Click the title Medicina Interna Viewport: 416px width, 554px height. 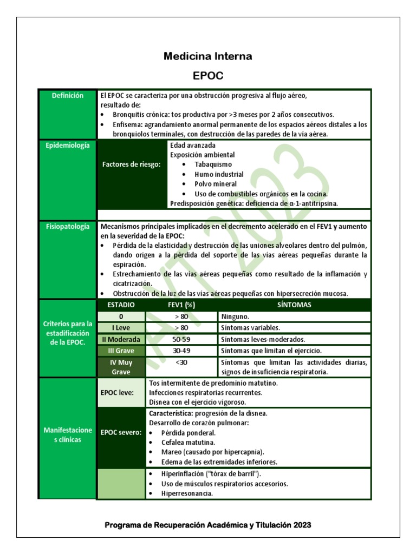click(208, 56)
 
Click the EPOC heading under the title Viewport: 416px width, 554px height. click(208, 75)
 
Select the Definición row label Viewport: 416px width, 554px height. click(67, 96)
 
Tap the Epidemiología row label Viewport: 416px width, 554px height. click(67, 146)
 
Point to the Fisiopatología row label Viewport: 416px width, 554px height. click(67, 227)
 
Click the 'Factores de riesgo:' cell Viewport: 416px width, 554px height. click(132, 165)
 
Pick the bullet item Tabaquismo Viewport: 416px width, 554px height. click(213, 164)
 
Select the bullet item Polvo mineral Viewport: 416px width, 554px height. click(216, 184)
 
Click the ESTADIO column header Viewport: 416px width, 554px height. click(121, 305)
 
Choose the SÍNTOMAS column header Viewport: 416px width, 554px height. click(294, 305)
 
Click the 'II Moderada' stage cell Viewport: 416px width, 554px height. click(121, 340)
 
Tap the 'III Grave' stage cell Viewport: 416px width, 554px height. click(121, 351)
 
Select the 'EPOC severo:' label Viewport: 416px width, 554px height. click(121, 433)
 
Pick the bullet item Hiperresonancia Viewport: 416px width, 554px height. click(187, 493)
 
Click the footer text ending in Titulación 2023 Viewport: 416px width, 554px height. click(208, 525)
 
